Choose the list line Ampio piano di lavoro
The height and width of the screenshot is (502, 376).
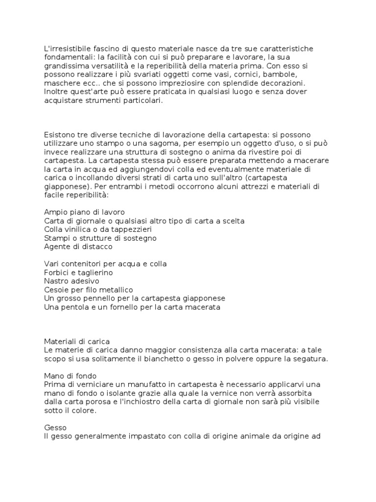(84, 212)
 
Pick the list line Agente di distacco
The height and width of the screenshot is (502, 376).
(78, 247)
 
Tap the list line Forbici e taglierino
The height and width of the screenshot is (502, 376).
(78, 273)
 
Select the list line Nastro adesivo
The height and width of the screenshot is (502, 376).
(71, 281)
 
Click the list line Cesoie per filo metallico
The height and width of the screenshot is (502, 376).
(88, 290)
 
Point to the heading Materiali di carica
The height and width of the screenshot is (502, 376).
(77, 341)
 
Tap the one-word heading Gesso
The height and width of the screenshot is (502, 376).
(55, 427)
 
